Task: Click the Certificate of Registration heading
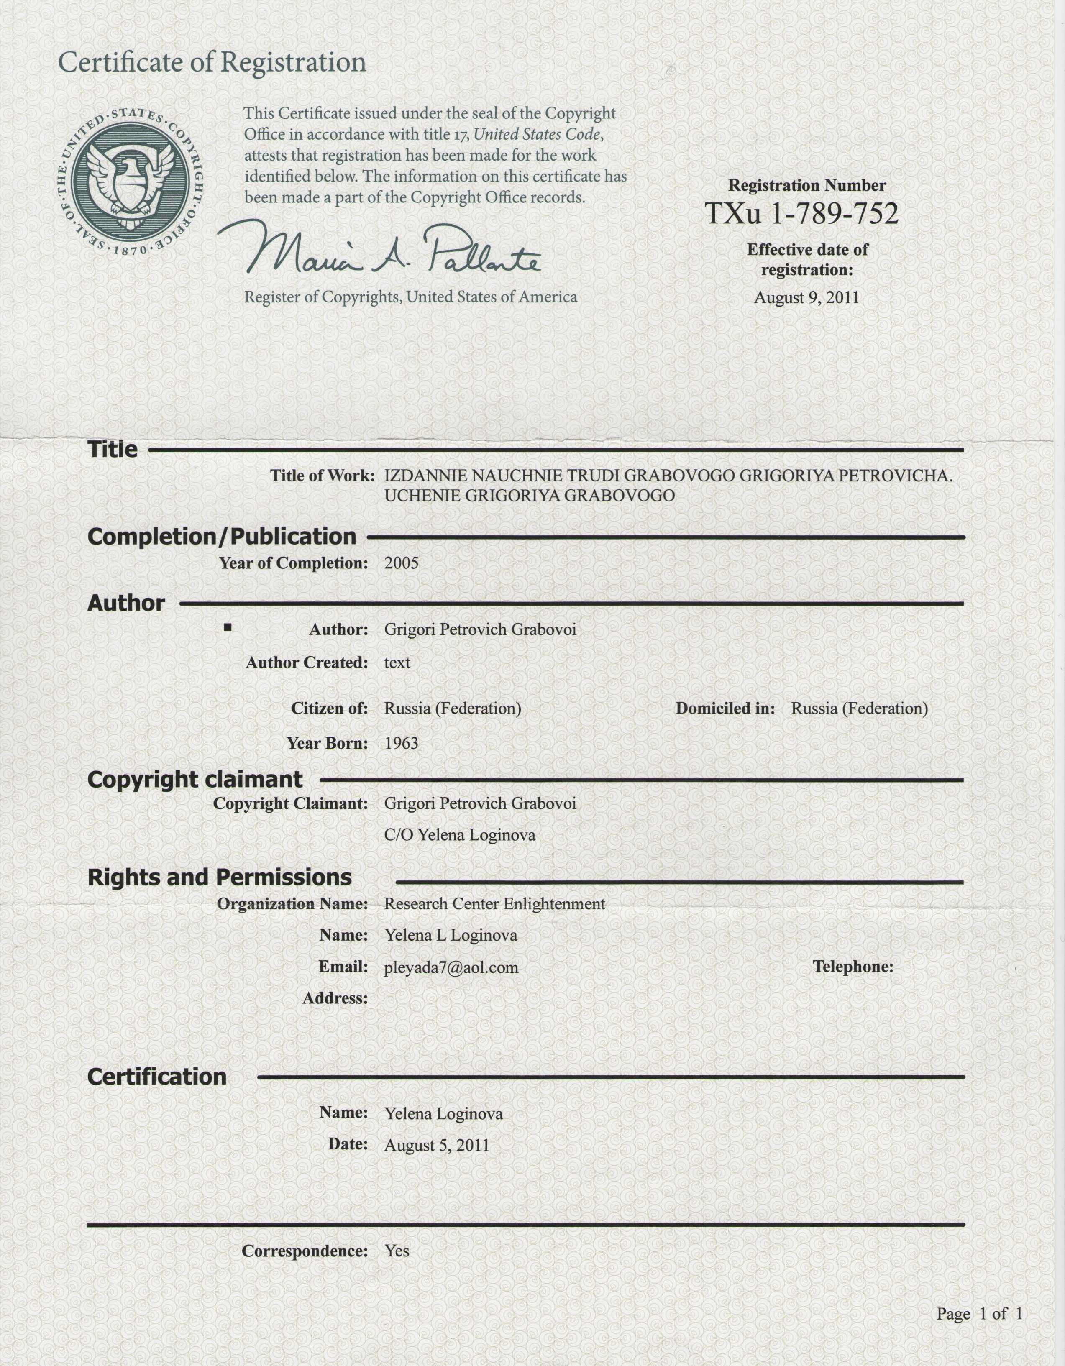click(x=212, y=63)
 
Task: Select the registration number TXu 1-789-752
click(x=802, y=214)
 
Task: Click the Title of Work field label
click(x=322, y=476)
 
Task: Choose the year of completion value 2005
click(x=401, y=563)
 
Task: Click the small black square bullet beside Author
click(x=228, y=627)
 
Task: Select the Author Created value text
click(x=397, y=663)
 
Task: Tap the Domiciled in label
click(x=725, y=709)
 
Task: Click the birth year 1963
click(x=401, y=744)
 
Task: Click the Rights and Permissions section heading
click(x=220, y=877)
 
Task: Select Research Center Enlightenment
click(x=494, y=904)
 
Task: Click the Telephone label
click(x=853, y=967)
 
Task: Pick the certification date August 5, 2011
click(x=437, y=1145)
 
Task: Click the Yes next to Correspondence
click(x=397, y=1251)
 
